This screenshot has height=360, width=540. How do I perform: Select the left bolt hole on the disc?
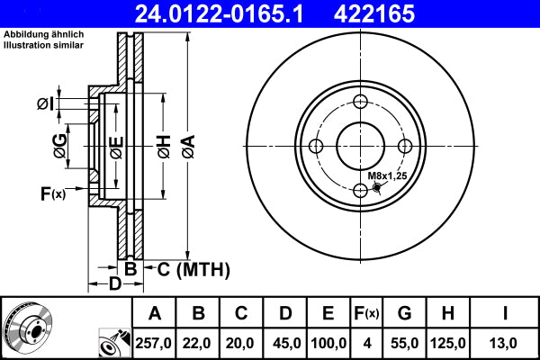click(x=316, y=146)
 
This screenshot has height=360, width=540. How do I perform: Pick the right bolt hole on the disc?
click(x=405, y=146)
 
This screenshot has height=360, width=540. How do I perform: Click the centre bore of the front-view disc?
click(x=361, y=146)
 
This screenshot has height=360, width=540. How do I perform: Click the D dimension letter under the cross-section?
click(x=115, y=285)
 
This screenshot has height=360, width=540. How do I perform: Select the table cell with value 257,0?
click(x=155, y=343)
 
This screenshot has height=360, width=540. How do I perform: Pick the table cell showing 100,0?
click(x=328, y=343)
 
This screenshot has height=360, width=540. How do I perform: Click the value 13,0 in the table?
click(x=506, y=343)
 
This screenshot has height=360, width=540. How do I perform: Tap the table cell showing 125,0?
click(x=447, y=343)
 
